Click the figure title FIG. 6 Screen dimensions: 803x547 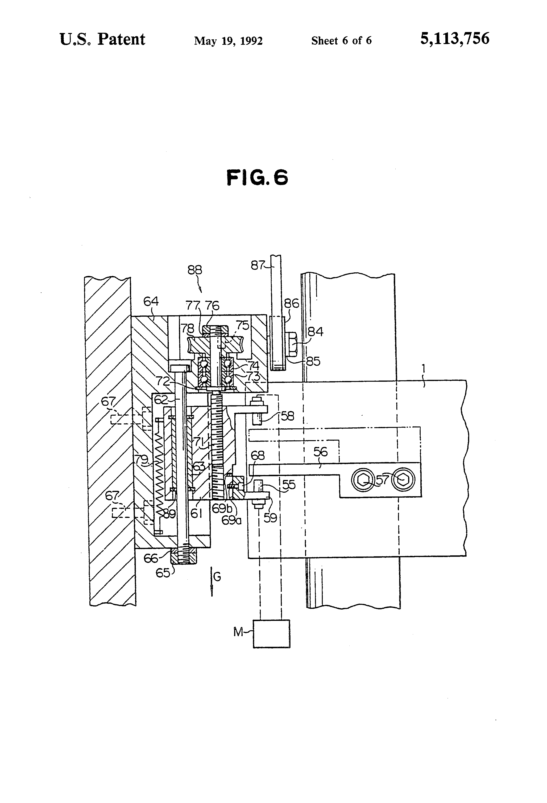(x=257, y=178)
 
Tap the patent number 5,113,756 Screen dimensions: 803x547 (x=454, y=38)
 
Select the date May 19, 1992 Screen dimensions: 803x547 (x=228, y=41)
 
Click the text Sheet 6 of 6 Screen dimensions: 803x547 (x=341, y=41)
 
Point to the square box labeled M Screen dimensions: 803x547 (x=271, y=634)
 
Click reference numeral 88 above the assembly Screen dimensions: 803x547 (x=195, y=270)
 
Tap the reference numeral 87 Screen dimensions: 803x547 (x=257, y=265)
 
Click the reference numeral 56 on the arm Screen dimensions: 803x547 (x=320, y=452)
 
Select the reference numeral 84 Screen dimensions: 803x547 (x=315, y=332)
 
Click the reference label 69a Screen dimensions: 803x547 (x=231, y=520)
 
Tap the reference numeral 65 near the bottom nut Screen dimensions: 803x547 (x=163, y=573)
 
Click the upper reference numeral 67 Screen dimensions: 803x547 (x=108, y=401)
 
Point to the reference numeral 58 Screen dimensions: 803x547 (x=287, y=416)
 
